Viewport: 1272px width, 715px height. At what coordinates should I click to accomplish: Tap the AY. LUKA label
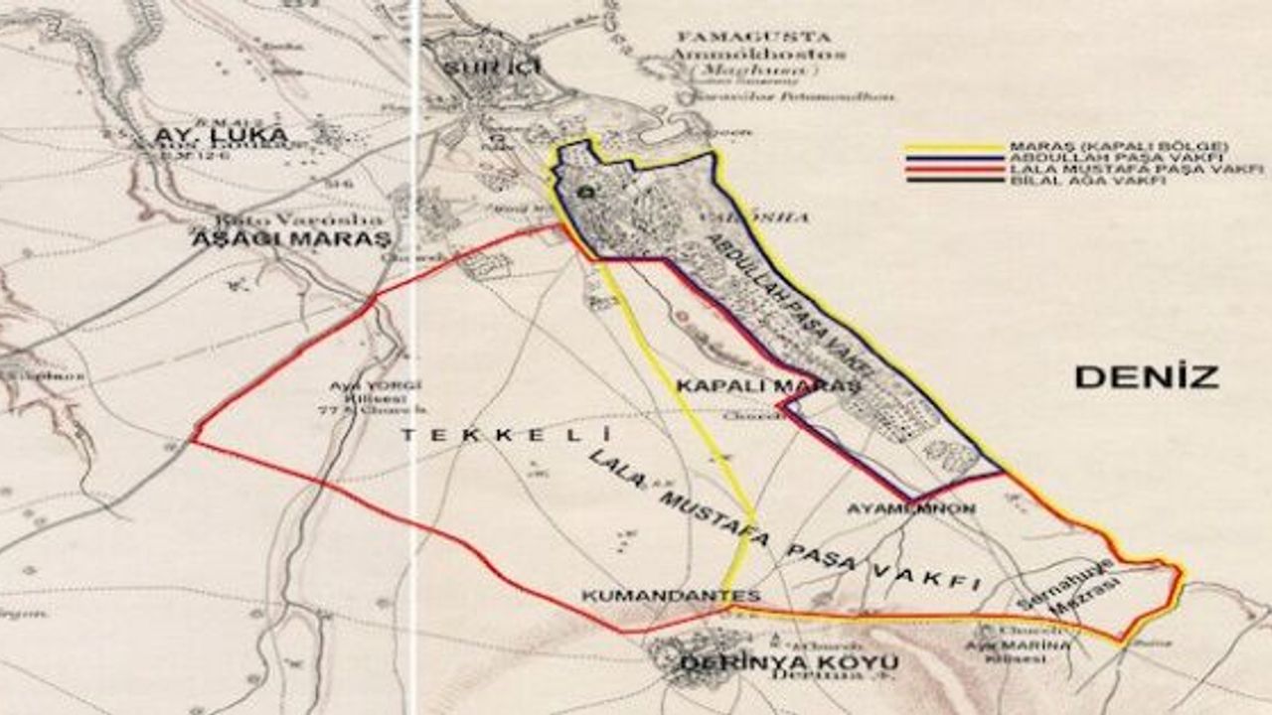click(221, 134)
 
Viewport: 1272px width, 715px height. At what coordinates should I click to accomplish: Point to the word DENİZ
click(1146, 376)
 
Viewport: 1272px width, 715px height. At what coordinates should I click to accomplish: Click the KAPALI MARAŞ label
click(767, 385)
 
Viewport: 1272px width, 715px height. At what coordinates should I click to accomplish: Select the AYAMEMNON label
click(910, 508)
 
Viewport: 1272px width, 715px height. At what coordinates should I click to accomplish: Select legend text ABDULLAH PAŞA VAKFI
click(1118, 158)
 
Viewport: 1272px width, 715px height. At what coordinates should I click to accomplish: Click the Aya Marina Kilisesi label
click(1011, 651)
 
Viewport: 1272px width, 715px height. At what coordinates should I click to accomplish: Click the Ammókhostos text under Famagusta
click(759, 54)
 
